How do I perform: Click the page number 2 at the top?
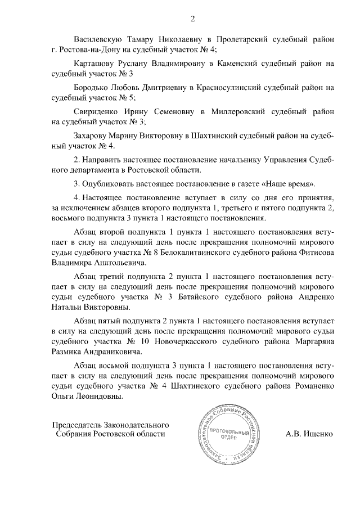point(192,20)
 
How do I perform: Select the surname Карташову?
point(97,64)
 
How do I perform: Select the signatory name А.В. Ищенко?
point(309,434)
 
